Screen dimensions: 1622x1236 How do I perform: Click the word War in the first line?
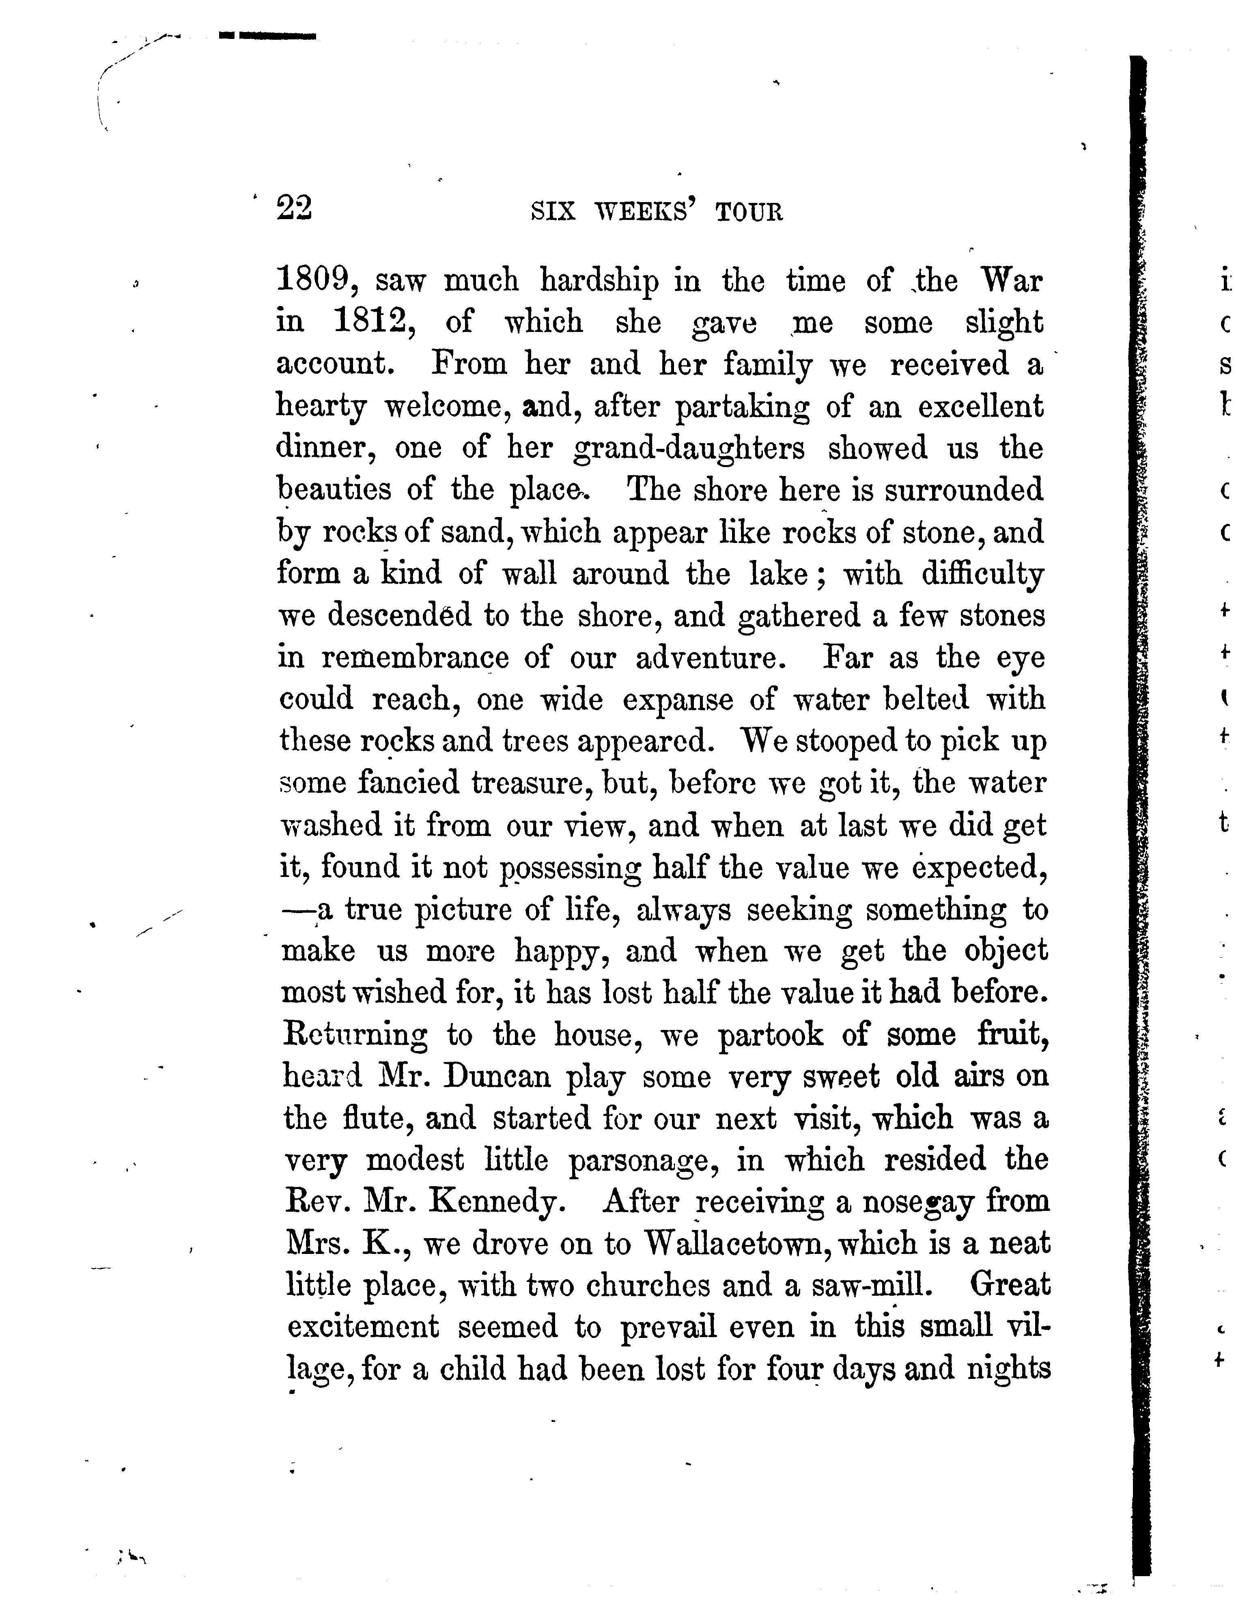[x=1012, y=281]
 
